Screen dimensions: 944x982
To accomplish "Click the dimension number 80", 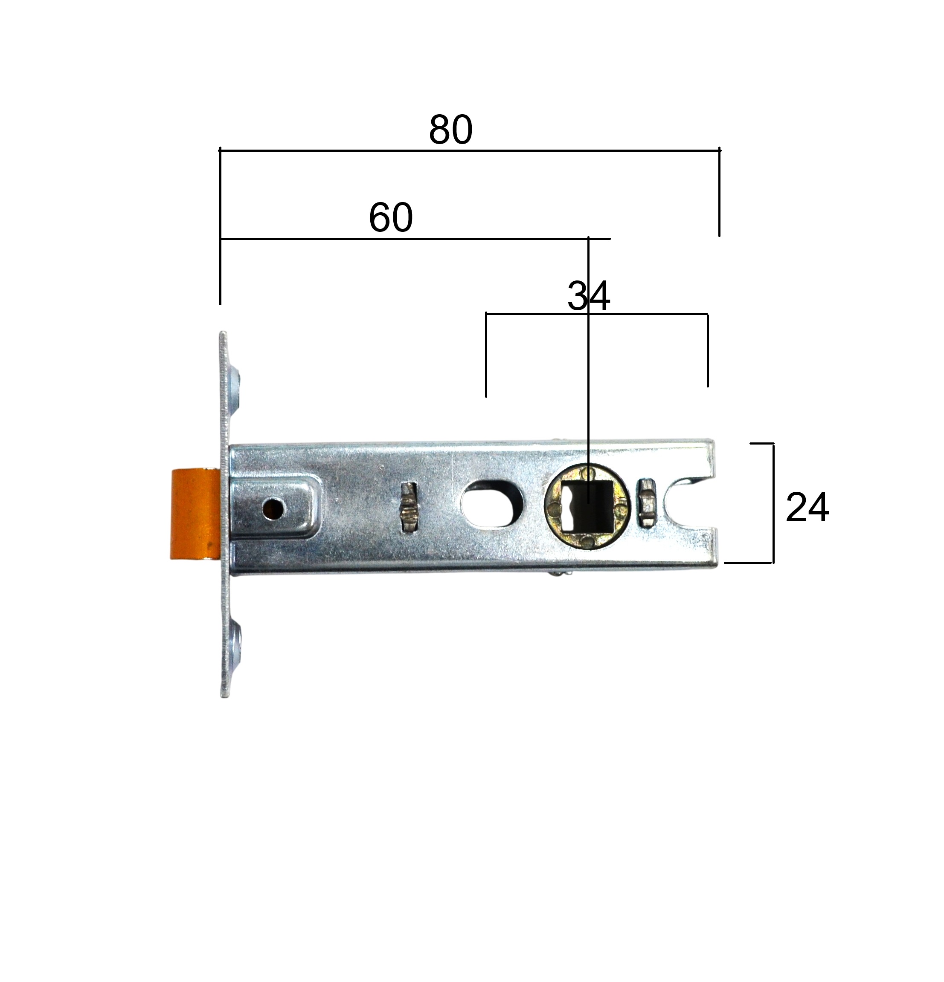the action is (x=450, y=130).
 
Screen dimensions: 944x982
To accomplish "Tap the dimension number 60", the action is (x=391, y=217).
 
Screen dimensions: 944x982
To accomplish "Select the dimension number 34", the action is (x=589, y=296).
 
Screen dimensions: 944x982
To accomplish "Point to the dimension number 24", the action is (x=807, y=508).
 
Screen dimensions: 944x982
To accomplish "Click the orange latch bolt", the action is (x=195, y=514).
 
